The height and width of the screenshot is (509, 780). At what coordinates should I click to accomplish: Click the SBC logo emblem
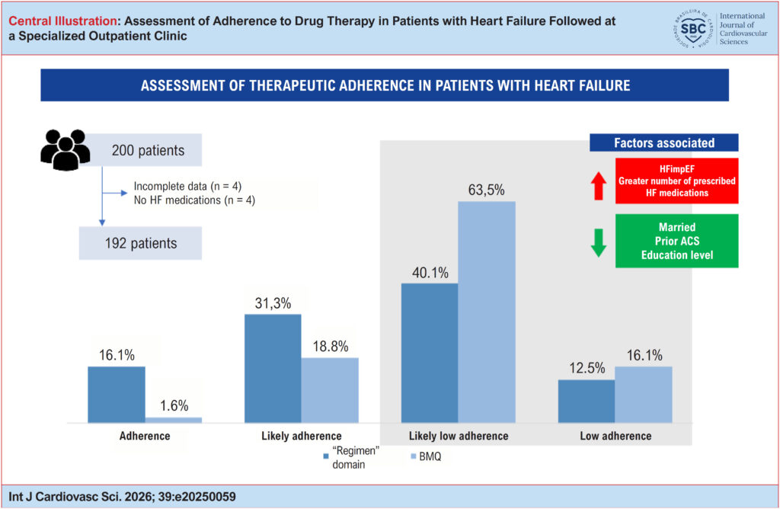click(693, 28)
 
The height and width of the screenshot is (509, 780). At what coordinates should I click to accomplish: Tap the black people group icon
click(66, 150)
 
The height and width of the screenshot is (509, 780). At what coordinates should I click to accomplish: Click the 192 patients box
click(140, 243)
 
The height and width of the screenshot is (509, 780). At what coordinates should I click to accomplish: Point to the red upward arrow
click(599, 186)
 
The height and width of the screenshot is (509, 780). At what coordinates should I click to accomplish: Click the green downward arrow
click(599, 243)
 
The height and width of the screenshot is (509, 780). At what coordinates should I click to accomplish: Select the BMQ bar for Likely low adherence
click(487, 312)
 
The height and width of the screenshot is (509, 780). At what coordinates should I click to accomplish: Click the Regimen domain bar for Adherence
click(117, 395)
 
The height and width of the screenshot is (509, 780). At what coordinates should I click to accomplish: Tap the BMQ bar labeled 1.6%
click(174, 420)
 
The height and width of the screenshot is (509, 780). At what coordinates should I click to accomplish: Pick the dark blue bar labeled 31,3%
click(273, 369)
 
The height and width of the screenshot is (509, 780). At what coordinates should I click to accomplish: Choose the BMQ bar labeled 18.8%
click(330, 390)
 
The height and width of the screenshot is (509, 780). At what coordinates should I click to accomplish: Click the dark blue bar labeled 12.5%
click(587, 402)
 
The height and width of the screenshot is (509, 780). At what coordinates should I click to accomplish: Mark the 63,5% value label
click(487, 190)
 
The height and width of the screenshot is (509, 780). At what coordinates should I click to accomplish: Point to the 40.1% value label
click(430, 273)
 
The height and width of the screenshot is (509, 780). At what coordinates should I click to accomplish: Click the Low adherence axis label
click(615, 436)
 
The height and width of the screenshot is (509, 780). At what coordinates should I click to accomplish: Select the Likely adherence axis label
click(302, 436)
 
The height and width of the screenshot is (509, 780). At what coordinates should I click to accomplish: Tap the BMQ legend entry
click(427, 456)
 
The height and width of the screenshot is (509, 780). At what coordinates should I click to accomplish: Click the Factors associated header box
click(664, 142)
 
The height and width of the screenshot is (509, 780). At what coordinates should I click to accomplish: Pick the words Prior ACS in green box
click(677, 242)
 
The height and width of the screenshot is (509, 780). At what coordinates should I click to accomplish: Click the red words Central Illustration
click(62, 21)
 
